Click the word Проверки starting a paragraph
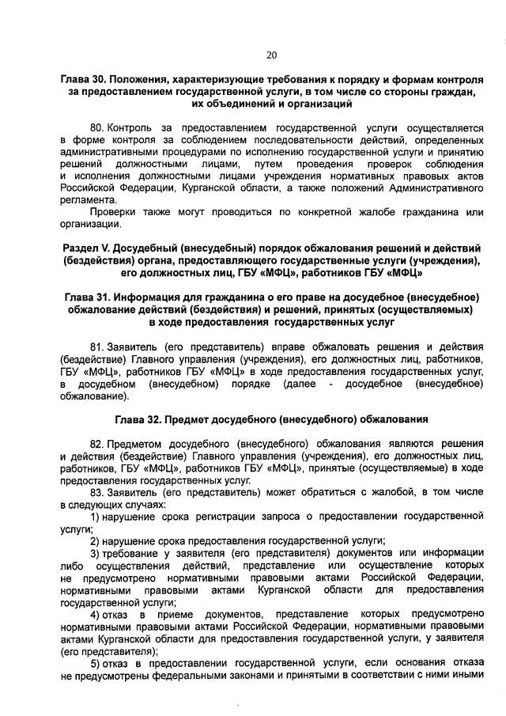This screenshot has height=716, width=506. click(111, 212)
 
